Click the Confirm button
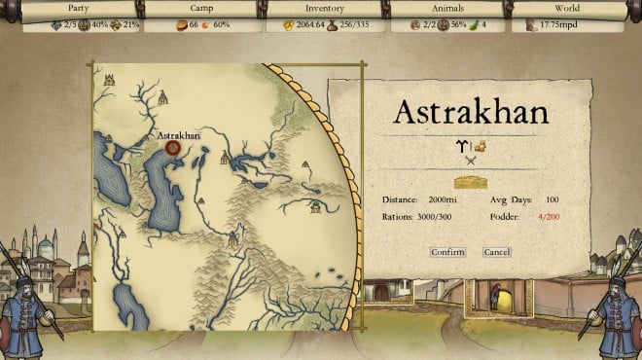coord(447,252)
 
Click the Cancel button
coord(496,252)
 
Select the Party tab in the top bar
coord(73,7)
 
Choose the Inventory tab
coord(324,7)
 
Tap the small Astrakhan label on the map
coord(178,135)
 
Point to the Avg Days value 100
coord(552,199)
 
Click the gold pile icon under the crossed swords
coord(471,181)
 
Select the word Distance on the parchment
coord(399,199)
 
